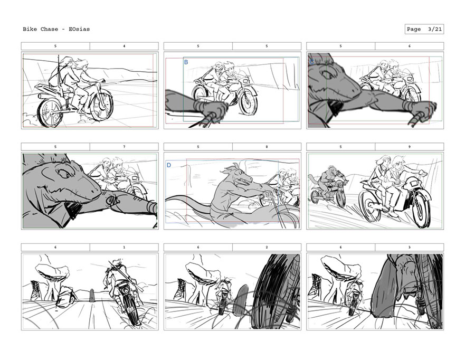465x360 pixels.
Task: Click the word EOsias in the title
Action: (79, 29)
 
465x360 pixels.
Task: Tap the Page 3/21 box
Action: (424, 29)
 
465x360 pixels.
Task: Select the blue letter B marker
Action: (186, 62)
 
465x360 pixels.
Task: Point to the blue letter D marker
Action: (169, 165)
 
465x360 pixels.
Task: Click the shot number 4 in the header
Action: (124, 46)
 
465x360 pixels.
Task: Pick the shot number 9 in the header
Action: (410, 147)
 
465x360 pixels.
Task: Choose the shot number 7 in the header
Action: (124, 147)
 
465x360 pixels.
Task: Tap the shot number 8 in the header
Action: (267, 147)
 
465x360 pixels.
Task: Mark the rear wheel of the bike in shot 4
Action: (50, 112)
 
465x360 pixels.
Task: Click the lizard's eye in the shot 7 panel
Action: (64, 173)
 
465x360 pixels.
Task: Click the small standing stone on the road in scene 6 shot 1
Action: (91, 295)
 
